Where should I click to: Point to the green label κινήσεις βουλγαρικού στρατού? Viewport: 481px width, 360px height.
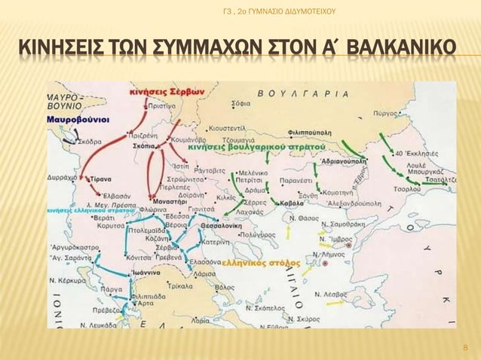click(256, 148)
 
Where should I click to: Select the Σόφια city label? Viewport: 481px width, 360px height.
click(241, 102)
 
